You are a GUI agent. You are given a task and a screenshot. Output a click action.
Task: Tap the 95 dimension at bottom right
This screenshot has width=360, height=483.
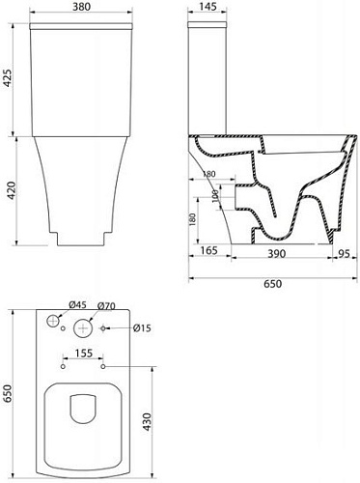pyautogui.click(x=342, y=249)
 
